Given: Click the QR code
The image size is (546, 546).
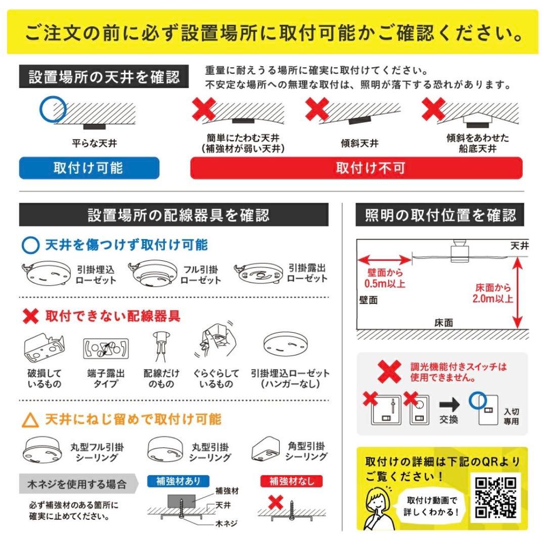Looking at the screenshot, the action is coord(496,498).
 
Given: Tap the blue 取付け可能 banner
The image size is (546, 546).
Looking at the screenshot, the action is coord(89,168).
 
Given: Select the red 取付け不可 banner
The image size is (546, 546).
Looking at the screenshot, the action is coord(356,168).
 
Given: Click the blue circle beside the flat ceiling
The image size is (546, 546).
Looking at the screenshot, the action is coord(53,109).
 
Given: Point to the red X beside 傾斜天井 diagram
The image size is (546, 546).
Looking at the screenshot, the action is coord(317,109).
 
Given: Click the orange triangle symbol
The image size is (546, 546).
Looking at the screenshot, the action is coord(30,420).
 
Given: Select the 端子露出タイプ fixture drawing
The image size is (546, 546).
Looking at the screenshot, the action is coord(106,348).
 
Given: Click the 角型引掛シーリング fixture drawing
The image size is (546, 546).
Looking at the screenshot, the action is coord(265,449).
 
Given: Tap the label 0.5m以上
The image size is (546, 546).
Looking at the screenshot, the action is coord(385,284).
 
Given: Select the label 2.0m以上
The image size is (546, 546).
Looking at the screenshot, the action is coord(493,298).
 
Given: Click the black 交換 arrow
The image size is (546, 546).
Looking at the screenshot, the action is coord(449,404).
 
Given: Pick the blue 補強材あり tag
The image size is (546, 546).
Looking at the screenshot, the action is coord(178,481).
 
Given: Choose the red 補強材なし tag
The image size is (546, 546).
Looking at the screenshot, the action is coord(292,481).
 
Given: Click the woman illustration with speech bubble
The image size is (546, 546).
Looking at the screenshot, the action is coord(379,508).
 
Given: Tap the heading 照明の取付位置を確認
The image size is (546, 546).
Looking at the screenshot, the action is coord(440,215).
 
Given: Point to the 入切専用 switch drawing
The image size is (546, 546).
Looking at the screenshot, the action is coord(488,410).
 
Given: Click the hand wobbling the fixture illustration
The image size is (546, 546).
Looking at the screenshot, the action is coord(215,340).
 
